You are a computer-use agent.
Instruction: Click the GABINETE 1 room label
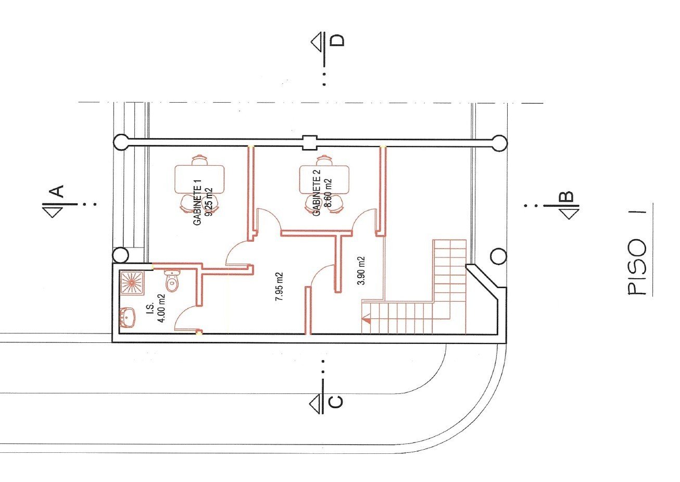pyautogui.click(x=197, y=202)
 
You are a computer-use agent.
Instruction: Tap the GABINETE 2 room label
pyautogui.click(x=317, y=192)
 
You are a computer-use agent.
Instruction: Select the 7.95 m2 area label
pyautogui.click(x=279, y=287)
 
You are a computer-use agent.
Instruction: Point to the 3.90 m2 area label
pyautogui.click(x=361, y=271)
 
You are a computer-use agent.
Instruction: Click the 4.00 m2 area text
pyautogui.click(x=162, y=308)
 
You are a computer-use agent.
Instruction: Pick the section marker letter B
pyautogui.click(x=566, y=196)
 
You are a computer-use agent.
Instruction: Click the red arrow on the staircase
pyautogui.click(x=366, y=320)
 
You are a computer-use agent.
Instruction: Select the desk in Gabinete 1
pyautogui.click(x=199, y=179)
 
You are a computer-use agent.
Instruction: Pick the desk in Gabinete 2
pyautogui.click(x=324, y=179)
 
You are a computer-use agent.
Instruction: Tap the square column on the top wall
pyautogui.click(x=309, y=142)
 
